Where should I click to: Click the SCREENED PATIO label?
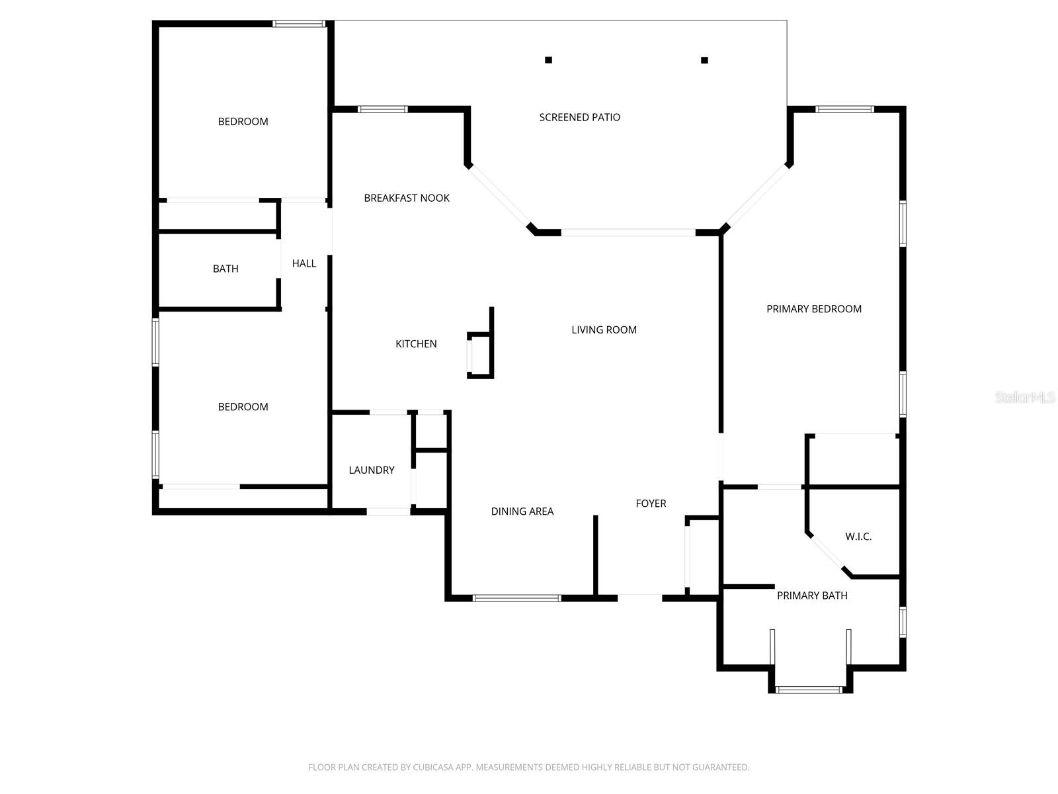(579, 117)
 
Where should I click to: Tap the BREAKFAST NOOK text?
(406, 198)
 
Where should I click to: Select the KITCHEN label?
(416, 343)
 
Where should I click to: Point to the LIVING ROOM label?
(604, 330)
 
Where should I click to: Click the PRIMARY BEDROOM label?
(813, 309)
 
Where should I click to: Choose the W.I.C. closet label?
(858, 537)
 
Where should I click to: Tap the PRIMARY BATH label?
(812, 595)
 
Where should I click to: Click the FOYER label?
(651, 504)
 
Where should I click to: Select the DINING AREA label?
(522, 511)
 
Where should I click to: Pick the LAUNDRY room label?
(372, 470)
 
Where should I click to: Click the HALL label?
(304, 263)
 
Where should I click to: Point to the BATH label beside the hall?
(225, 269)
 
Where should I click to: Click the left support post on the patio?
(549, 60)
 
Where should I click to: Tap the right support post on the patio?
(705, 60)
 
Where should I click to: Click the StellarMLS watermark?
(1025, 397)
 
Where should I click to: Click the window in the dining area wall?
(516, 598)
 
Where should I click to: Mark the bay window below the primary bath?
(809, 690)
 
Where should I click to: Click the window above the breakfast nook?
(383, 109)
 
